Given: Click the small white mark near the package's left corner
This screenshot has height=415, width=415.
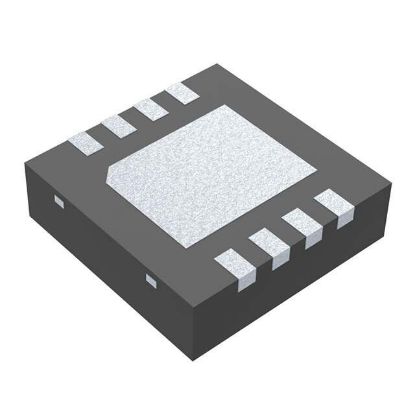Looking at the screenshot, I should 56,203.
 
